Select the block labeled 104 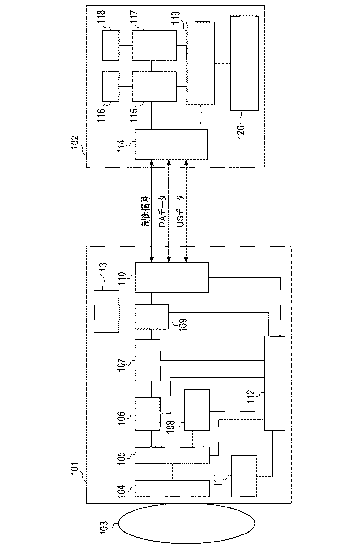tap(171, 488)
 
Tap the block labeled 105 tap(171, 456)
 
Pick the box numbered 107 tap(147, 360)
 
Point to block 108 tap(196, 410)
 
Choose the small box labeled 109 tap(152, 316)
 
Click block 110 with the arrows tap(171, 277)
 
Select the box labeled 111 tap(245, 476)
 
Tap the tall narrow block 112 tap(275, 383)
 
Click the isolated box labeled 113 tap(106, 311)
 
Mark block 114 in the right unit tap(171, 144)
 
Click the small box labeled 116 tap(110, 86)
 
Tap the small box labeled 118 tap(110, 45)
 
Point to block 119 tap(200, 63)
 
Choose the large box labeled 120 tap(244, 63)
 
